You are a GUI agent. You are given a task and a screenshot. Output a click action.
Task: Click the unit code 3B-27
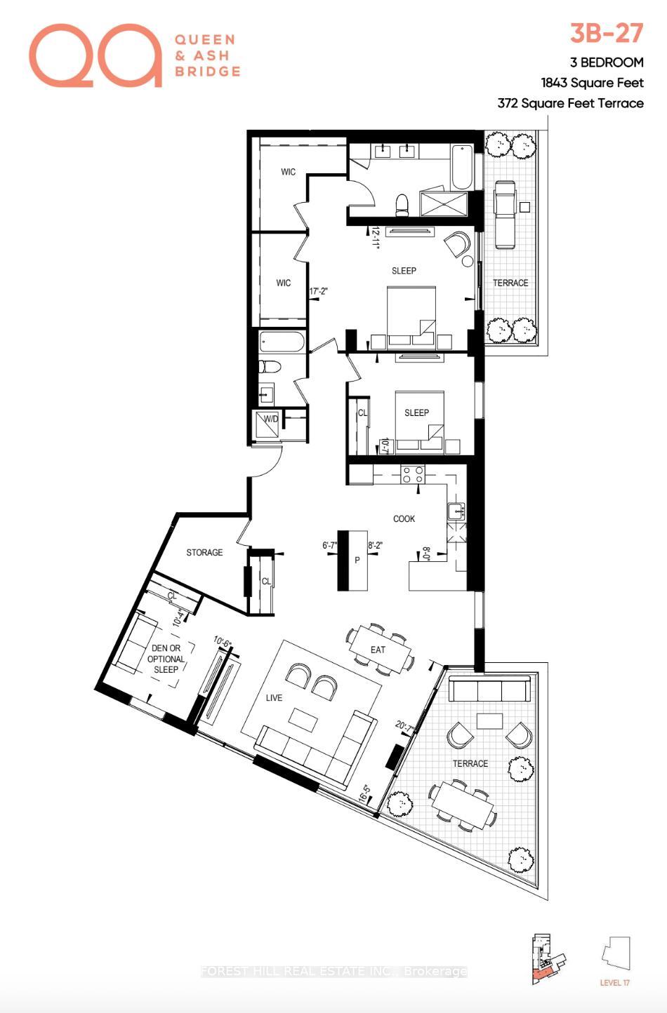606,34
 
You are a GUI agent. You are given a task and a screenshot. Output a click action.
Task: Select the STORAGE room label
204,553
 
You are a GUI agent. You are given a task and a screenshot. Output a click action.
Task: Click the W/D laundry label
270,420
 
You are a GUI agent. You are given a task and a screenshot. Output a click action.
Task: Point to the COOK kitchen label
404,519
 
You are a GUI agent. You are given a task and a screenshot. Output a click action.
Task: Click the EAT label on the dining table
378,650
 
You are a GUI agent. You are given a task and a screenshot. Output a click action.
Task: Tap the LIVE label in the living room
274,697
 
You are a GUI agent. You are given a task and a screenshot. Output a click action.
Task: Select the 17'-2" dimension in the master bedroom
319,291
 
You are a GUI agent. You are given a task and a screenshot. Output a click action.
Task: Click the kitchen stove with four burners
412,474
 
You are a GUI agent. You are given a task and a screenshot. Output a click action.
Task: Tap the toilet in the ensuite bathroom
402,204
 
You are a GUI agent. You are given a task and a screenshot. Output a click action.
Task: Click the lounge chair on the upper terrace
504,214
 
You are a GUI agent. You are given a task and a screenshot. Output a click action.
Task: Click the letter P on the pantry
357,560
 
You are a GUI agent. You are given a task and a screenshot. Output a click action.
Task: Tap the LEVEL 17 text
614,983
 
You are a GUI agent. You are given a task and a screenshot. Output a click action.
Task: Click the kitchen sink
454,510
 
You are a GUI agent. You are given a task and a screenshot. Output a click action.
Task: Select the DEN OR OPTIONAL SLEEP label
166,659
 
